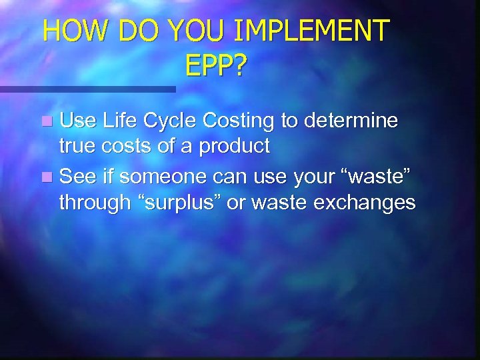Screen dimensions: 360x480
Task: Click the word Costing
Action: pos(238,122)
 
